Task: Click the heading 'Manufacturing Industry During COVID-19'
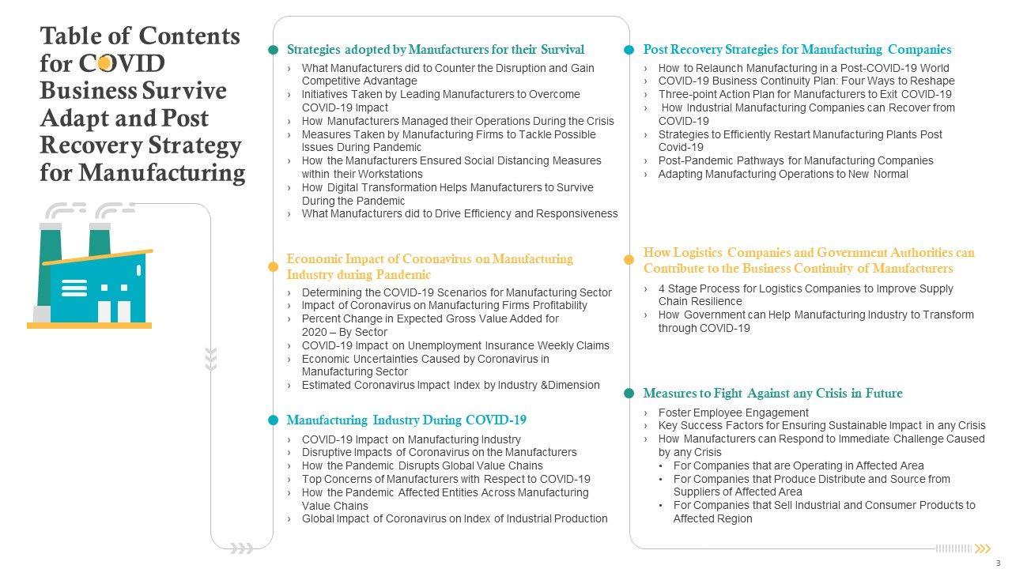click(x=406, y=420)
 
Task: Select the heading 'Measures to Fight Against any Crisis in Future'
click(x=772, y=394)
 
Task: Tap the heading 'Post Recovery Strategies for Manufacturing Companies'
click(x=797, y=49)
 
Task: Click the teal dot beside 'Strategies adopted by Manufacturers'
click(x=274, y=50)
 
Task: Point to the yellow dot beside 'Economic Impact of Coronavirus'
click(x=274, y=267)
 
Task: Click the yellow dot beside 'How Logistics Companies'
click(x=629, y=259)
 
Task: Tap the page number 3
click(x=998, y=563)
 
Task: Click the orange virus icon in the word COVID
click(x=104, y=63)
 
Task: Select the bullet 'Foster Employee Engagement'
click(x=733, y=413)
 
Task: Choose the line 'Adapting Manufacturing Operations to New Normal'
click(x=783, y=174)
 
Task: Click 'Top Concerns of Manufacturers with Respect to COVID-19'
click(x=446, y=479)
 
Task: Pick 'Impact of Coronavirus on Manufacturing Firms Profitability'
click(x=444, y=305)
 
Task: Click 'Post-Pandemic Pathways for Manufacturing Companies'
click(x=795, y=160)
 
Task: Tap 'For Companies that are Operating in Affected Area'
click(x=798, y=465)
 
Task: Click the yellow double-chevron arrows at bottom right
click(x=983, y=548)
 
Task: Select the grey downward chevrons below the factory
click(x=211, y=358)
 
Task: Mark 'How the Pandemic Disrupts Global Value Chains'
click(x=422, y=465)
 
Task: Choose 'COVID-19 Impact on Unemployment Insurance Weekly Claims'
click(x=455, y=345)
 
